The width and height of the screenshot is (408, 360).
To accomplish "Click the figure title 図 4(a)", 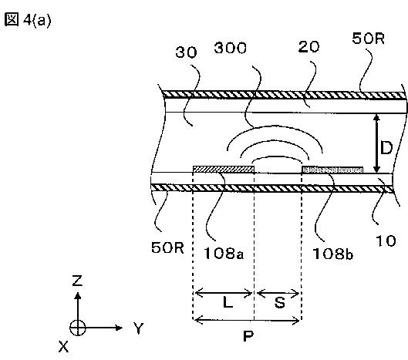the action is coord(28,20).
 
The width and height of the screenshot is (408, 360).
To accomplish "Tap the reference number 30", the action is coord(187,52).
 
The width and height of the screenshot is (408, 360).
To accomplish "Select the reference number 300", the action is coord(231,48).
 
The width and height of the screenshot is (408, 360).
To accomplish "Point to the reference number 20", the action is coord(309,47).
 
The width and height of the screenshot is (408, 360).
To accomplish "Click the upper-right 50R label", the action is coord(368,39).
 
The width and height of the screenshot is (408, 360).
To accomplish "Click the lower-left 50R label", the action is coord(167,247).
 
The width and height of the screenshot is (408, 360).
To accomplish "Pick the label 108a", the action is coord(224,253).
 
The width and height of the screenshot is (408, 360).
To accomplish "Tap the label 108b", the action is coord(332,254).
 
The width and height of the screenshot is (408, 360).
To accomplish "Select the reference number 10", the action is coord(386,241).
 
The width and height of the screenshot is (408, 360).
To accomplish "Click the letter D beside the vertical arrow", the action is coord(386,148).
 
